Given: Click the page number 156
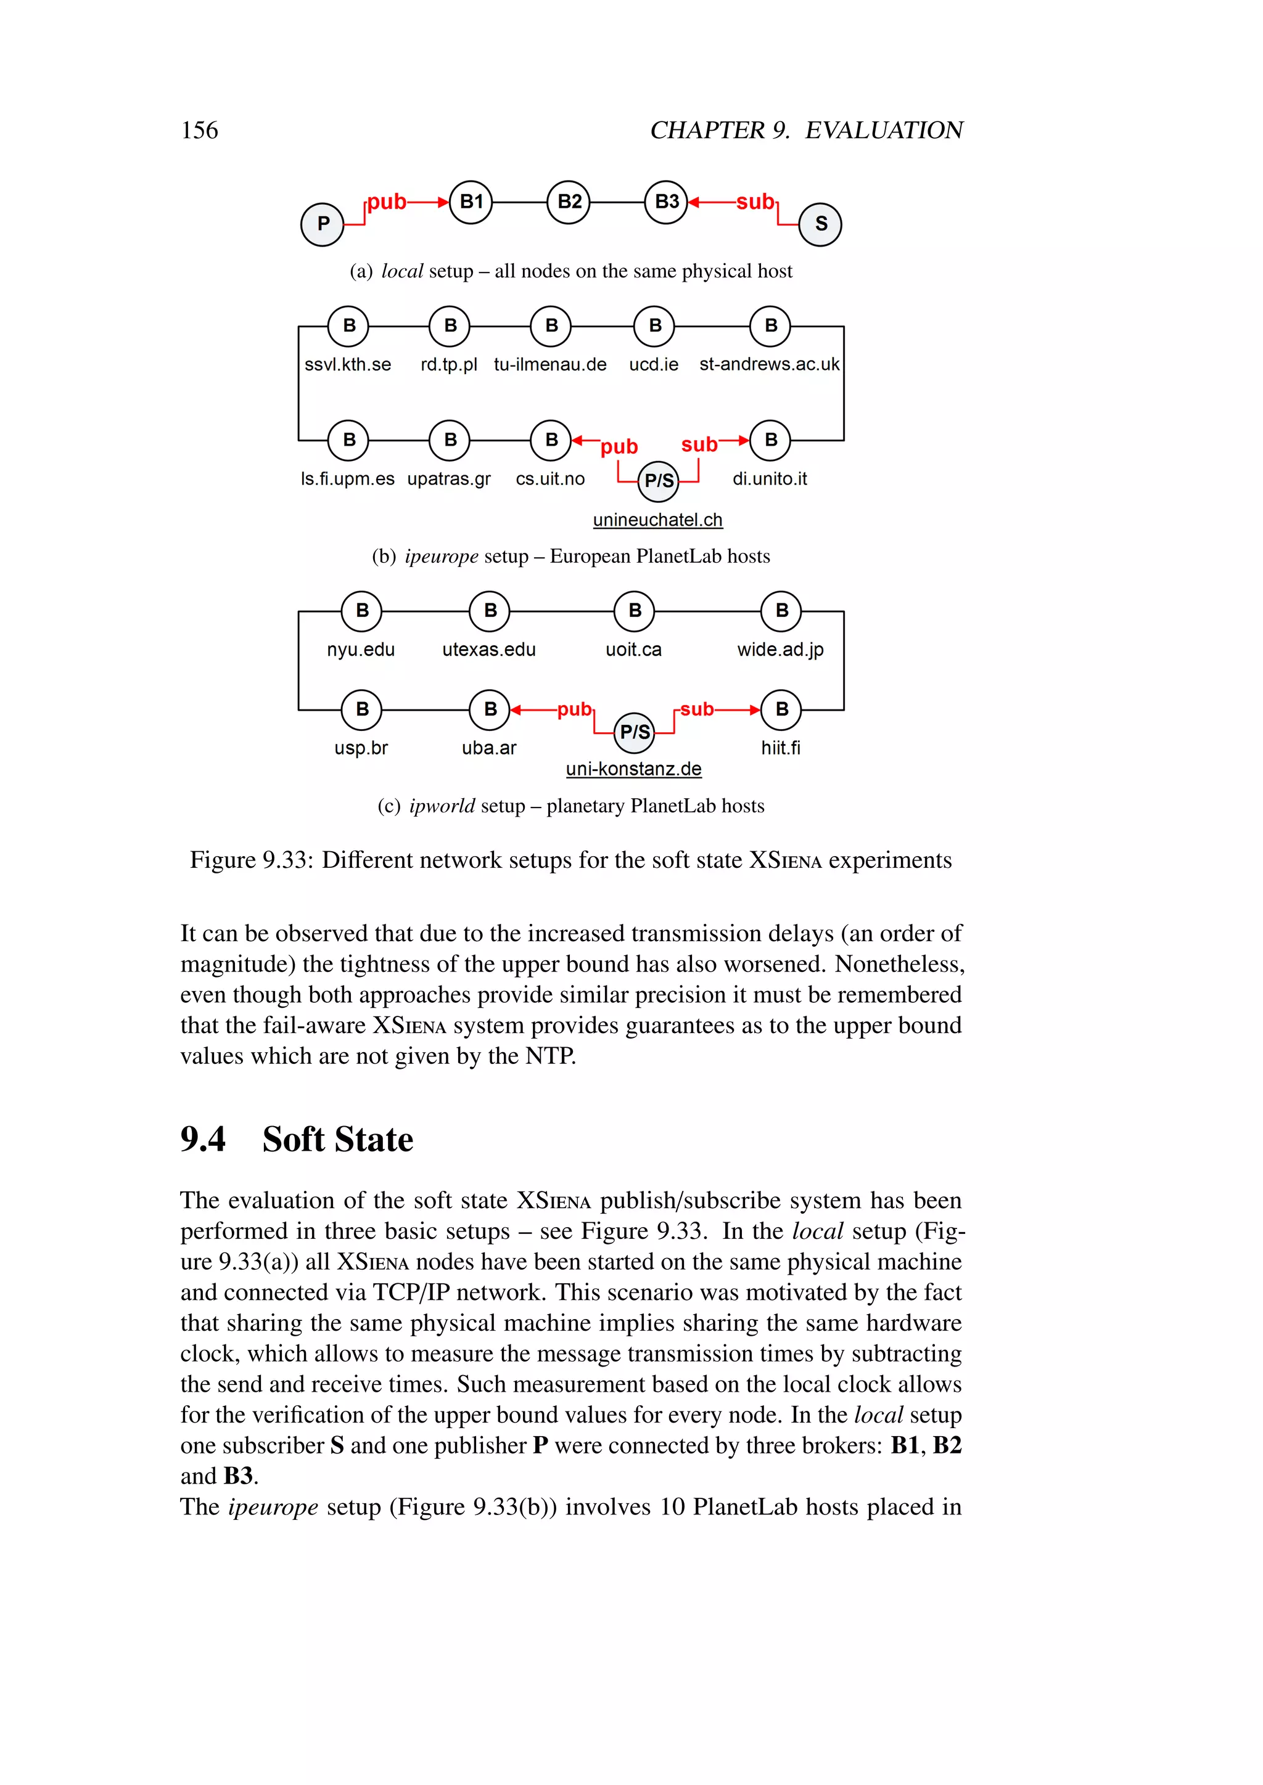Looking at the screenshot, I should [x=199, y=130].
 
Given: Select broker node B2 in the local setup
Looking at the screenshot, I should [x=569, y=202].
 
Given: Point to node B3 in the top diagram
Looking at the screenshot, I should [x=667, y=202].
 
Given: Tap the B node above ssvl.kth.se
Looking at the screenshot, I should [x=348, y=325].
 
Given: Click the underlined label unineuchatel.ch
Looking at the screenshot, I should [x=657, y=520].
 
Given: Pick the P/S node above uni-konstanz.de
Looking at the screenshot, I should [x=635, y=732].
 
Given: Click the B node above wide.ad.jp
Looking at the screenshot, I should [x=781, y=611].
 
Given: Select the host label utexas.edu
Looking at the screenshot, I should [x=488, y=649].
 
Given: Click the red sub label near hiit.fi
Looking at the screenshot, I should [x=697, y=709].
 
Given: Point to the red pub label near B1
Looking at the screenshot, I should [x=387, y=202].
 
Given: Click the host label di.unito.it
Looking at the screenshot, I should [x=769, y=479].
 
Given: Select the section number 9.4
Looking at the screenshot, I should [x=203, y=1139].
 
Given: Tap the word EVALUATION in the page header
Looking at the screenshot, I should [x=884, y=130].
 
